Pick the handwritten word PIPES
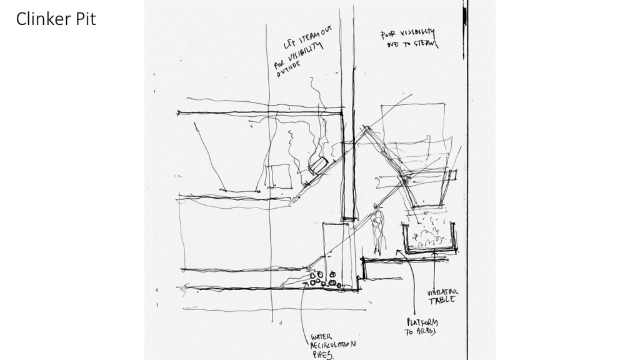322,354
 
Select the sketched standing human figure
377,228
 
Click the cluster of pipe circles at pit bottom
324,279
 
